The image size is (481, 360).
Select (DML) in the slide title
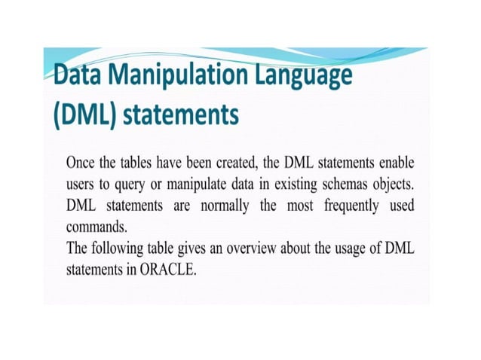click(x=81, y=116)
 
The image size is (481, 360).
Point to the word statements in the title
click(x=180, y=116)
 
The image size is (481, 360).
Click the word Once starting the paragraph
click(x=82, y=163)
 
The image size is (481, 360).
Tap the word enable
click(x=395, y=163)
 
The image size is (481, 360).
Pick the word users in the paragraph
click(x=81, y=185)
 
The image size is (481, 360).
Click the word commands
click(x=94, y=227)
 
